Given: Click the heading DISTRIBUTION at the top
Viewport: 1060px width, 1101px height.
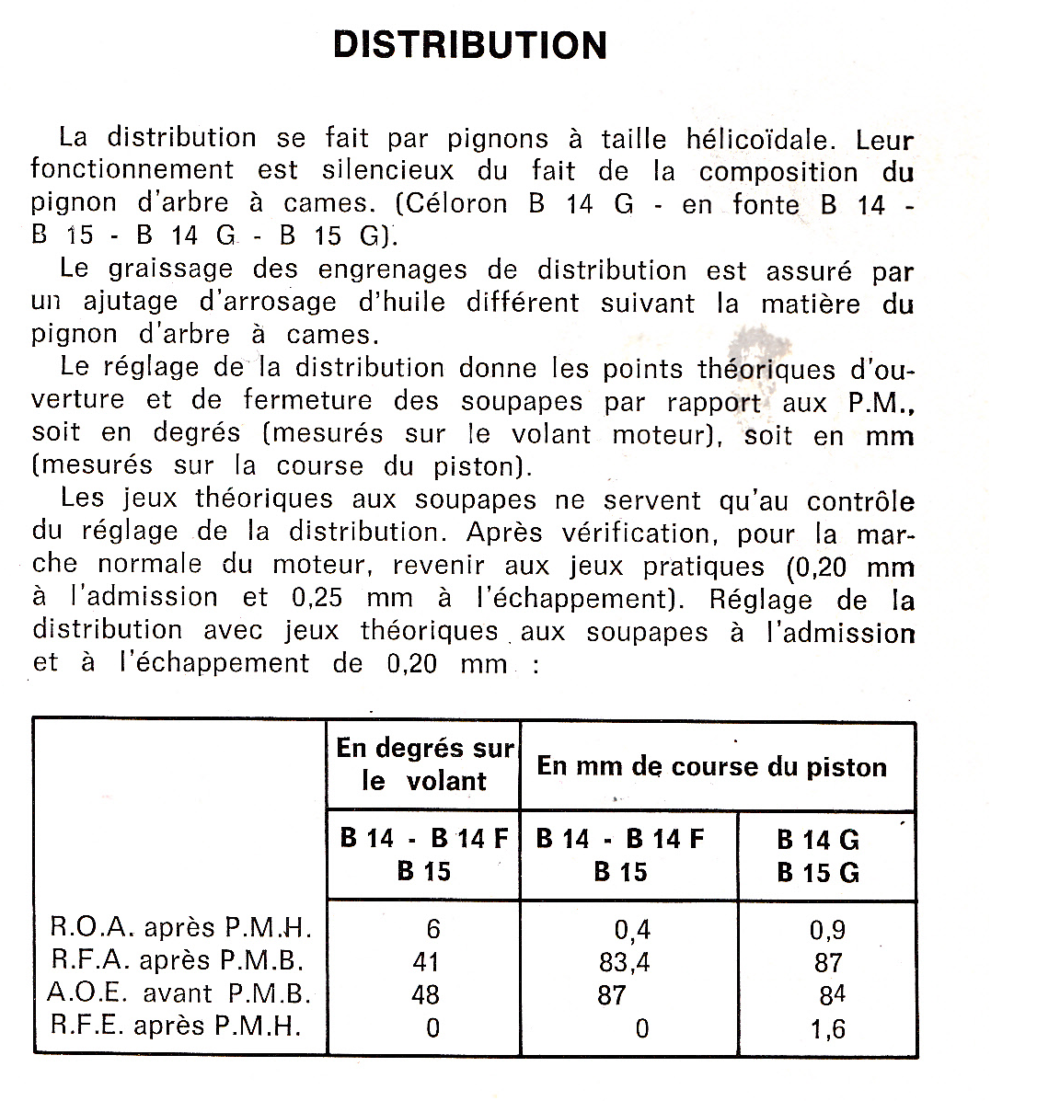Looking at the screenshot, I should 470,44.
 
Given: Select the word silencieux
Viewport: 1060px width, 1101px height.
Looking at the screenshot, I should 387,171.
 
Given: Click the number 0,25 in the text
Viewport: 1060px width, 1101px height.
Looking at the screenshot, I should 317,598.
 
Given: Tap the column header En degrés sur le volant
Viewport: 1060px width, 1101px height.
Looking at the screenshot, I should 424,764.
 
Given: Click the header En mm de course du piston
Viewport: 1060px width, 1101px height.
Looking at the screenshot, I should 711,766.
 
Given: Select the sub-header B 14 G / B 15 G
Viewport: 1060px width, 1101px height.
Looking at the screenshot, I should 818,855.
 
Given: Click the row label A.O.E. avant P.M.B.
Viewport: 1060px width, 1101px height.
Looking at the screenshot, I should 179,993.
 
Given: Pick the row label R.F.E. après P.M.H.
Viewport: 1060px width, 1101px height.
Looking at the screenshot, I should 176,1026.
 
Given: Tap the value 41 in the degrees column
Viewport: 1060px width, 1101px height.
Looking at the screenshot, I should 426,962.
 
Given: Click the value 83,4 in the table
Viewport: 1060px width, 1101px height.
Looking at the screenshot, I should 624,963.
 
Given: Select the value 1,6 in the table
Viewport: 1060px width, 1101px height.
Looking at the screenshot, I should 827,1028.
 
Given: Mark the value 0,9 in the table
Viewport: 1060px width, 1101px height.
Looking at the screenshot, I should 826,930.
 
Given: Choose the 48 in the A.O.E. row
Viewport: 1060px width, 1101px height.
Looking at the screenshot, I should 426,995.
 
